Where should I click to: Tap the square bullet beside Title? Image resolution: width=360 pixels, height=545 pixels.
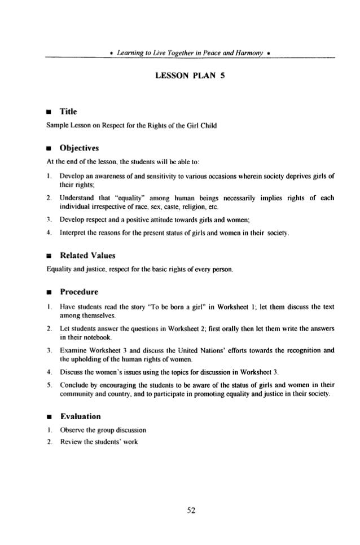coord(49,112)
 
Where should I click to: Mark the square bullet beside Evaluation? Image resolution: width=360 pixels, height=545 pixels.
coord(49,417)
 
